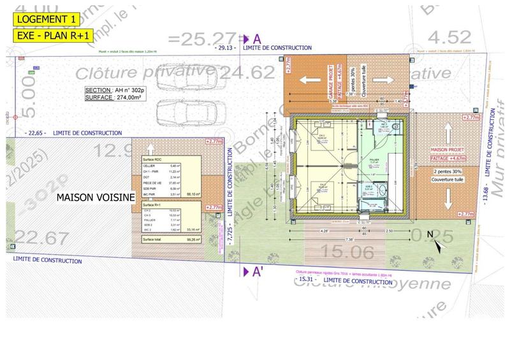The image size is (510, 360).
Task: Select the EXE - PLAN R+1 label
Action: click(44, 35)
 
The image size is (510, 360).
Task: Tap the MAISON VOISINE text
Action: click(96, 198)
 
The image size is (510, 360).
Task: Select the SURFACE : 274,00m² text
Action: click(112, 98)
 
